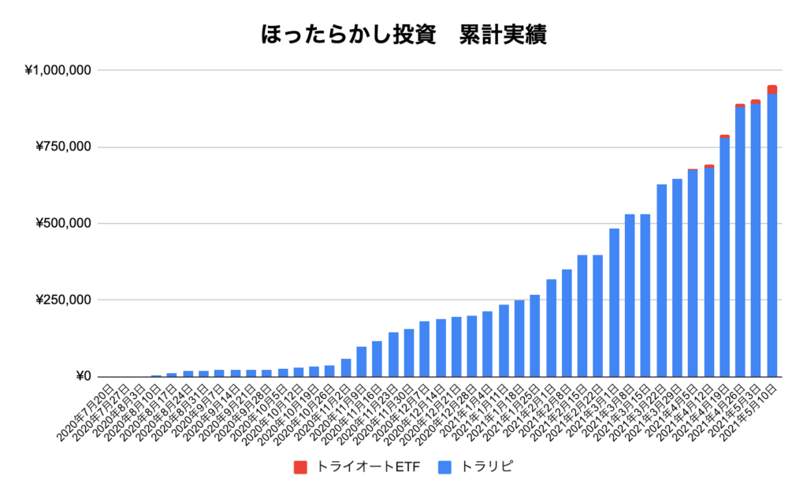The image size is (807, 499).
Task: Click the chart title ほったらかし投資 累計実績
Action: tap(403, 35)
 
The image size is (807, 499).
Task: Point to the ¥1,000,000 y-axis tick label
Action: tap(59, 71)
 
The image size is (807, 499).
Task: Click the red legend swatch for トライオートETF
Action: tap(300, 467)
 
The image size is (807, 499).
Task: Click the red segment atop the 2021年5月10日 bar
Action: tap(772, 89)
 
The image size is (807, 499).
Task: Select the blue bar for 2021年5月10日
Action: tap(772, 236)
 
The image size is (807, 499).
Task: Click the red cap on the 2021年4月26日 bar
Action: tap(740, 105)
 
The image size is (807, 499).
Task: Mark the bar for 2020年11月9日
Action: tap(362, 362)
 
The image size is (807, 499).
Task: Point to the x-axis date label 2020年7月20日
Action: tap(87, 410)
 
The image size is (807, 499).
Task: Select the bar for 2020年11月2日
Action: tap(346, 368)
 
